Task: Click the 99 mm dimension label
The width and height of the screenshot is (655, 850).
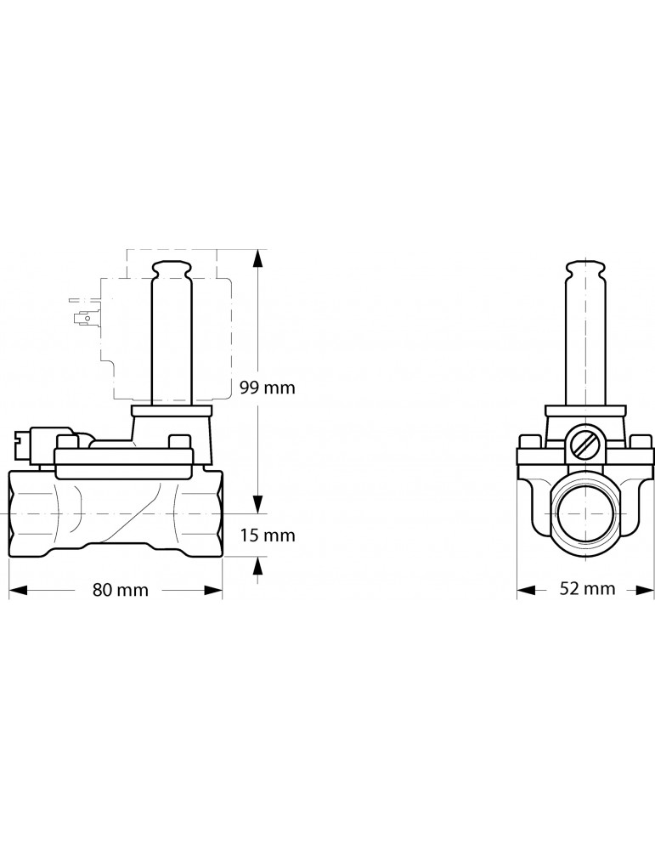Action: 267,388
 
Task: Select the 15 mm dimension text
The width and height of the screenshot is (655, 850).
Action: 267,535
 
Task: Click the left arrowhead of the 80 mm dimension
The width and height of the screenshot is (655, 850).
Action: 17,590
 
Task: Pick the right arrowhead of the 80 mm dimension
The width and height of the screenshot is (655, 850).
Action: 213,590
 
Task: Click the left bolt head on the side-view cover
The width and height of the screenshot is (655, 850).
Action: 65,442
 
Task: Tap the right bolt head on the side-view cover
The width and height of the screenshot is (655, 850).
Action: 179,442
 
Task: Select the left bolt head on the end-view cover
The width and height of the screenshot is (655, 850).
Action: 529,442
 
